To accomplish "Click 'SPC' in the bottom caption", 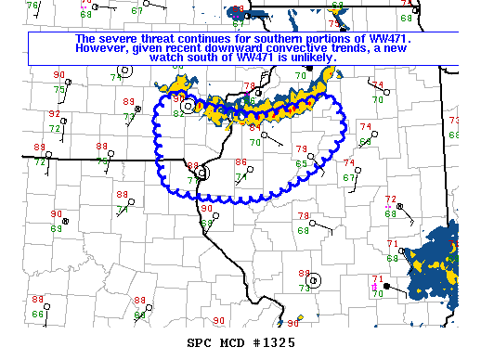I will point(201,342).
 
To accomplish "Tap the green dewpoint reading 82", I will point(177,113).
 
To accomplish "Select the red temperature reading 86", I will point(240,161).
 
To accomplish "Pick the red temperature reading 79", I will point(301,149).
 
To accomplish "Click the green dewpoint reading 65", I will point(301,163).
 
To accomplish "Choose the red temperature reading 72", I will point(391,199).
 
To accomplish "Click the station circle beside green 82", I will point(188,107).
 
